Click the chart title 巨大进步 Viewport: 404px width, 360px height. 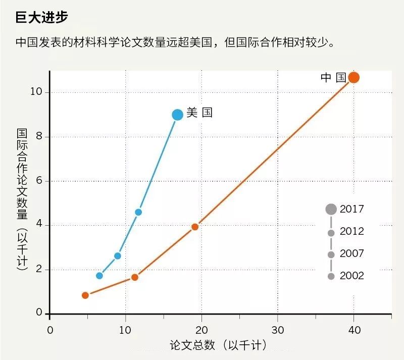pos(41,17)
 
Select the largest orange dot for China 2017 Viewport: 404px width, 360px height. pos(353,77)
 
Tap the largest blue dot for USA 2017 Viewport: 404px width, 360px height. pos(177,115)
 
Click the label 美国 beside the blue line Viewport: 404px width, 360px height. pos(199,113)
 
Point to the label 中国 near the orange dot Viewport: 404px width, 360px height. pos(333,78)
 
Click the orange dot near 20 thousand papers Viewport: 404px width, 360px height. pos(195,227)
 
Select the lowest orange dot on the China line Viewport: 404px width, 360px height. pos(85,295)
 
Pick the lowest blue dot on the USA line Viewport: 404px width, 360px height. pos(99,276)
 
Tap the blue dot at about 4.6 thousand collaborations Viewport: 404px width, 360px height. pos(138,212)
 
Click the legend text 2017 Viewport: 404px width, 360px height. pos(352,209)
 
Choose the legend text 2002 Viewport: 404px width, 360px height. pos(352,276)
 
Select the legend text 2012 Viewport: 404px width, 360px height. pos(352,232)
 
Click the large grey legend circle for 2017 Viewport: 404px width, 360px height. pos(331,209)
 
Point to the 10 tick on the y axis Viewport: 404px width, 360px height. pos(38,92)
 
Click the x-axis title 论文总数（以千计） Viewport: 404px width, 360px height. pos(218,345)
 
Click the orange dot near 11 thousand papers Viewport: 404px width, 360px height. pos(135,277)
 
